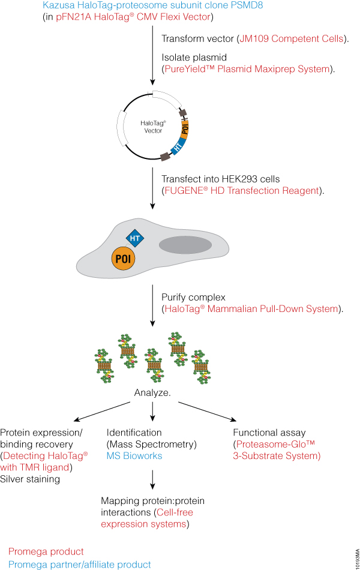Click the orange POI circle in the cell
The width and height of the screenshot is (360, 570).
pyautogui.click(x=122, y=260)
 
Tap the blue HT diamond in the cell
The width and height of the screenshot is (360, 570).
pyautogui.click(x=134, y=239)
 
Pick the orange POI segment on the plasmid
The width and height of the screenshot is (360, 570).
pyautogui.click(x=185, y=127)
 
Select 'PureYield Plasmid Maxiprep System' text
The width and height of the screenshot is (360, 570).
pyautogui.click(x=247, y=69)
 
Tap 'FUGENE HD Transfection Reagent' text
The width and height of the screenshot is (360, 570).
pyautogui.click(x=243, y=191)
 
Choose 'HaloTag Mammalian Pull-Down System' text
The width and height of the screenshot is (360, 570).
pyautogui.click(x=252, y=308)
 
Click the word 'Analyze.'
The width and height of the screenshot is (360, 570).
pyautogui.click(x=152, y=394)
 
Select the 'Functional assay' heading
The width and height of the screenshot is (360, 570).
pyautogui.click(x=269, y=432)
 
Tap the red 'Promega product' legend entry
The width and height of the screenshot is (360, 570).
pyautogui.click(x=46, y=551)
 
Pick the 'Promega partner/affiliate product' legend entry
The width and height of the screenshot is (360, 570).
pyautogui.click(x=80, y=564)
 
